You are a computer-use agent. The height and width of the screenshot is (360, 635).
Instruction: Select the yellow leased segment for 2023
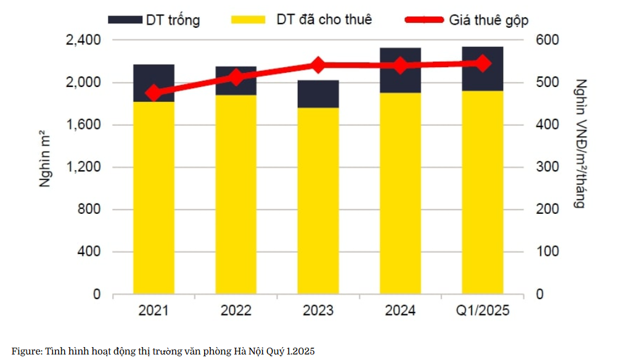[318, 200]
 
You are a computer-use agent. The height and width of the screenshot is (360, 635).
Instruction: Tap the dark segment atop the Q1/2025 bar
[483, 68]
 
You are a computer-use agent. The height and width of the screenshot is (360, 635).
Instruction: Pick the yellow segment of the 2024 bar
[400, 193]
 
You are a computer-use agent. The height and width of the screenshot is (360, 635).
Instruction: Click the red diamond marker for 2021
[154, 93]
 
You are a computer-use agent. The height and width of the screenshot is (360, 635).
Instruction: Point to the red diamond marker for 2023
[318, 65]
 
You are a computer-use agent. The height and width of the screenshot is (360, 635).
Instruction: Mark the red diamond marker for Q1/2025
[483, 63]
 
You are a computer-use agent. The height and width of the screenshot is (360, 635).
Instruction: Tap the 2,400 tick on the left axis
[82, 40]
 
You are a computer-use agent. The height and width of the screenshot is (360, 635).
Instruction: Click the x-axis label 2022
[236, 310]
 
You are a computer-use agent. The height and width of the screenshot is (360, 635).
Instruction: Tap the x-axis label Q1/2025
[482, 310]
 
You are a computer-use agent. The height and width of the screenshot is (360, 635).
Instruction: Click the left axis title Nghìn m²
[45, 158]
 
